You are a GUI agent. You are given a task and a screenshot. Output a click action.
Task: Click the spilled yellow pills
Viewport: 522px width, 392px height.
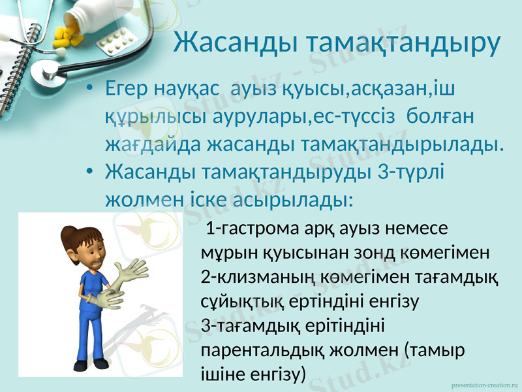pos(67,36)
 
